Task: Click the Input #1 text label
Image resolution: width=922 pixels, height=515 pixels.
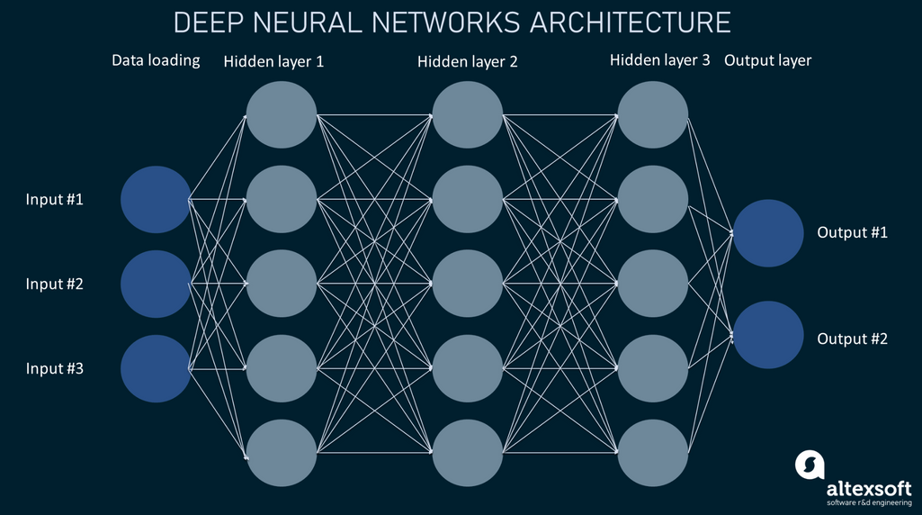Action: pos(54,199)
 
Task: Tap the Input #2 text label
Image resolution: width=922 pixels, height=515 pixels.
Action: pos(54,284)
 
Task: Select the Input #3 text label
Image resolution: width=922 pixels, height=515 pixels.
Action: pos(54,368)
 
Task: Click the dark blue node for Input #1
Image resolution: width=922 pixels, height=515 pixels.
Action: pos(156,199)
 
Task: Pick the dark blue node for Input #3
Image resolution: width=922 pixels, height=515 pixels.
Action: pos(156,368)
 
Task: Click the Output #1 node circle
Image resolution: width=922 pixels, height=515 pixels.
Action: pos(767,233)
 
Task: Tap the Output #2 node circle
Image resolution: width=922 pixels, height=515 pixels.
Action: pos(767,335)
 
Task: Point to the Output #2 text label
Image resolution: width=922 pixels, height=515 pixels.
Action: pos(852,339)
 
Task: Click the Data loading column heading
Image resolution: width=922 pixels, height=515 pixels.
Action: pos(156,61)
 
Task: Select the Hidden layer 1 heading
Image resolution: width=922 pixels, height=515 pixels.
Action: pos(273,62)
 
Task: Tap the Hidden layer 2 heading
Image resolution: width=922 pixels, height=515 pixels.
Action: pos(467,62)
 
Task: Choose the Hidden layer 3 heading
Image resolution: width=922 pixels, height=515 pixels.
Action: pos(659,61)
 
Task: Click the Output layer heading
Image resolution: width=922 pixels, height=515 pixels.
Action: pos(767,61)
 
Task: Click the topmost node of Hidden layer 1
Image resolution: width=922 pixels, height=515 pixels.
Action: pos(282,114)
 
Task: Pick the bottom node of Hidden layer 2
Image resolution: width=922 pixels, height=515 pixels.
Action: pos(467,452)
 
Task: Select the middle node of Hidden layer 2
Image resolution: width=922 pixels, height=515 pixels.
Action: pos(467,284)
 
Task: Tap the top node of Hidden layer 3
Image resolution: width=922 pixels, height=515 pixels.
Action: pos(652,114)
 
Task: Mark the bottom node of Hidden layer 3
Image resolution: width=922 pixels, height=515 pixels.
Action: pos(652,452)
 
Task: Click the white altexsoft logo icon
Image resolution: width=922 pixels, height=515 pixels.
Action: pos(809,465)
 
